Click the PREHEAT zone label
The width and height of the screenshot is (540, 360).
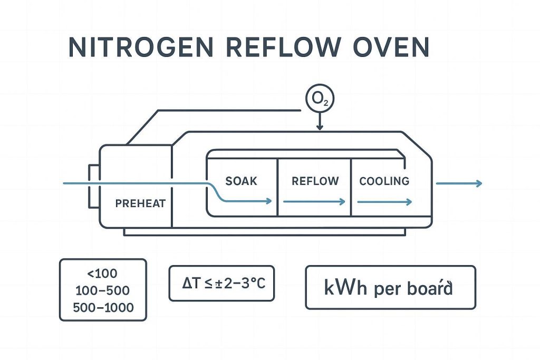[x=140, y=203]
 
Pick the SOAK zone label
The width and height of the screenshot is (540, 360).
[x=241, y=181]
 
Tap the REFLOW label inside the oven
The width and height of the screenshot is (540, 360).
[x=315, y=181]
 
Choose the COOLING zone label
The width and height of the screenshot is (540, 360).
[x=384, y=181]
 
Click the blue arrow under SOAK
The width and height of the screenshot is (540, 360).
[x=248, y=201]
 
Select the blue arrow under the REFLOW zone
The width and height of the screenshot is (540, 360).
[x=314, y=201]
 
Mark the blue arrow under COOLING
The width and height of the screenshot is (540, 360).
[x=385, y=201]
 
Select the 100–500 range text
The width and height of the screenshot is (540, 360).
[x=103, y=290]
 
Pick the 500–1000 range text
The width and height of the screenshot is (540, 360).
[x=103, y=307]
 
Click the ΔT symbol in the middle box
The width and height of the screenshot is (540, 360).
[x=189, y=284]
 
